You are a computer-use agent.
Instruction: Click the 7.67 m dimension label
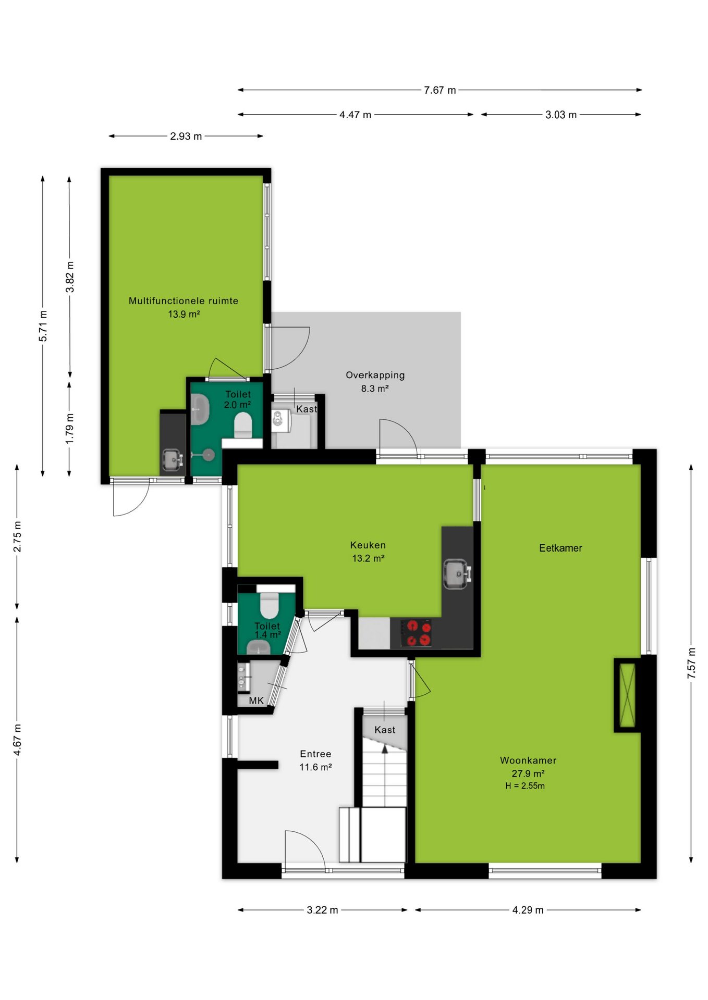pyautogui.click(x=440, y=90)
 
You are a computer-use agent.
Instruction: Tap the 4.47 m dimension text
pyautogui.click(x=355, y=115)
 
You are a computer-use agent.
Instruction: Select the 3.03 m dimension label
pyautogui.click(x=561, y=115)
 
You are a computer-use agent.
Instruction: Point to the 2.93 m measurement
pyautogui.click(x=186, y=136)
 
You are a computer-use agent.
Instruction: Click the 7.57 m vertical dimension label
pyautogui.click(x=691, y=663)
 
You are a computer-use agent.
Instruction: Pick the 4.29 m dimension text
pyautogui.click(x=528, y=910)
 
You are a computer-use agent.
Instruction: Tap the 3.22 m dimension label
pyautogui.click(x=322, y=910)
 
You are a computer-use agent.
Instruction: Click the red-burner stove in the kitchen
pyautogui.click(x=416, y=632)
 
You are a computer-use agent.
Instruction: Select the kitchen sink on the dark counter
pyautogui.click(x=457, y=574)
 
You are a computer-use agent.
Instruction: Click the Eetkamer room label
pyautogui.click(x=560, y=548)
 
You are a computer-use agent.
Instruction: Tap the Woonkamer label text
pyautogui.click(x=528, y=760)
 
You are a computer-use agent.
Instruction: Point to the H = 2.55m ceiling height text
pyautogui.click(x=524, y=786)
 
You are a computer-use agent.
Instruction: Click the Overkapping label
pyautogui.click(x=375, y=375)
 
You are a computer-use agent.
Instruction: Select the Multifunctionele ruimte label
pyautogui.click(x=184, y=301)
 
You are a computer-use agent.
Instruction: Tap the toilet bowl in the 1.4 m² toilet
pyautogui.click(x=270, y=605)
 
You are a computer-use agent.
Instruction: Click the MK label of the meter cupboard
pyautogui.click(x=256, y=701)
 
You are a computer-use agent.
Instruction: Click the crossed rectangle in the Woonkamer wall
pyautogui.click(x=627, y=695)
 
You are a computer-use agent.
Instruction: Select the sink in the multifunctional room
pyautogui.click(x=173, y=460)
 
